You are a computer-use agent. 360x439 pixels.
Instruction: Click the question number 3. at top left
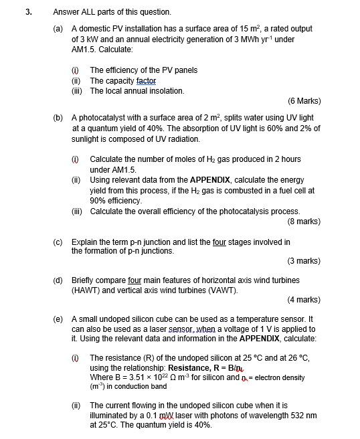pyautogui.click(x=29, y=11)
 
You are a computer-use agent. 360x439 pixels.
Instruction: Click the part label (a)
pyautogui.click(x=59, y=29)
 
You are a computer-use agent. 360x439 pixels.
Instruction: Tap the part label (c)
pyautogui.click(x=59, y=242)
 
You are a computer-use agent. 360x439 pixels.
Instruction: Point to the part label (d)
pyautogui.click(x=59, y=280)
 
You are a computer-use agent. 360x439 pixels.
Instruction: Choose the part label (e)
pyautogui.click(x=59, y=319)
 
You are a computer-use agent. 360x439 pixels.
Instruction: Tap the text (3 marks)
pyautogui.click(x=304, y=261)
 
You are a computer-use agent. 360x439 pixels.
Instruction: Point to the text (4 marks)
pyautogui.click(x=304, y=300)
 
